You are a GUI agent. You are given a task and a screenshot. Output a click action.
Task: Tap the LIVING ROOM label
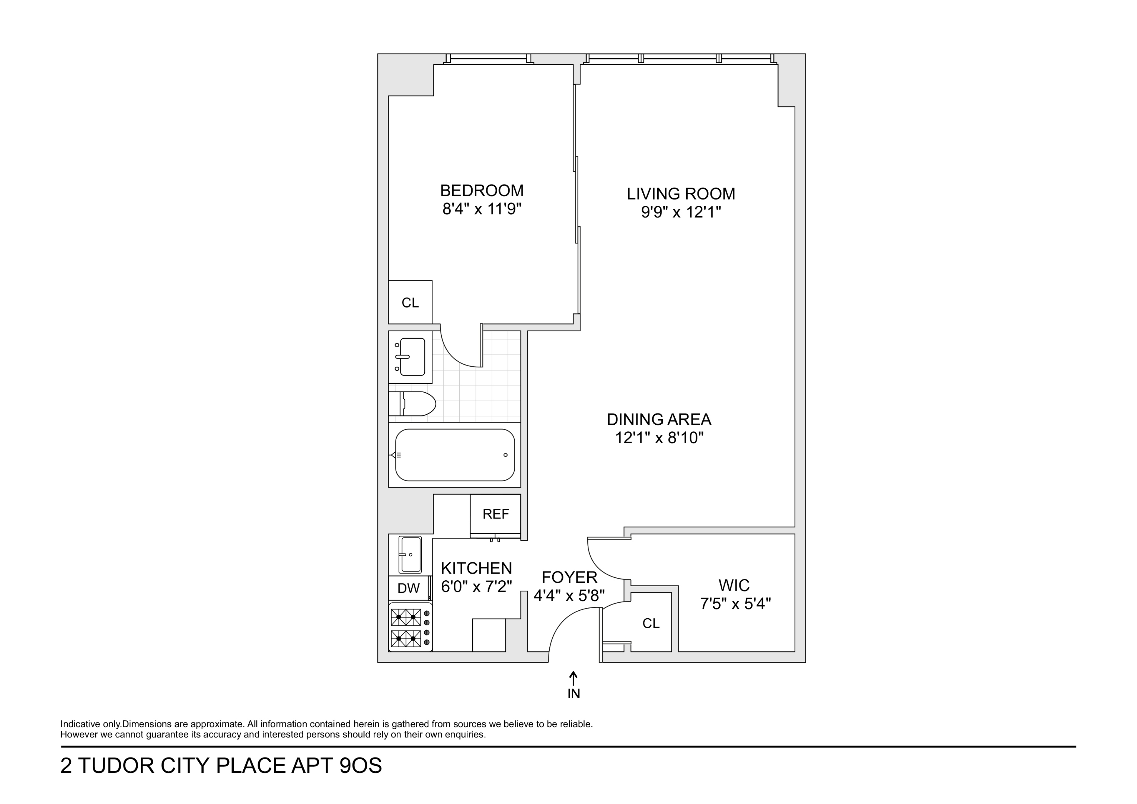(681, 194)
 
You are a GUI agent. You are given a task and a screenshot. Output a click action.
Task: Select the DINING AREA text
(659, 419)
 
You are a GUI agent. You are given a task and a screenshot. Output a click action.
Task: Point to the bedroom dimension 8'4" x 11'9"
(482, 210)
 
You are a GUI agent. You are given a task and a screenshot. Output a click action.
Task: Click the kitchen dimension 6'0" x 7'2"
(476, 587)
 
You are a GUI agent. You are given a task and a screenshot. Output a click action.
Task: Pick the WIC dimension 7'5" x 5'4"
(735, 604)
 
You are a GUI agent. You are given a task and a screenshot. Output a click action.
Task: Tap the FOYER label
(569, 577)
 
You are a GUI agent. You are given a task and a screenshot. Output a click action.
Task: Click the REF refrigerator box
(495, 514)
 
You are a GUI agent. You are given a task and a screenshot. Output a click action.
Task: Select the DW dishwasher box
(409, 588)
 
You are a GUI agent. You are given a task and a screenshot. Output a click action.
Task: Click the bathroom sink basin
(412, 357)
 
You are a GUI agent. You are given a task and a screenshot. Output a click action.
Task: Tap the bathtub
(454, 455)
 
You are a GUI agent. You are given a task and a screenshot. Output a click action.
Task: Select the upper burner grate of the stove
(406, 617)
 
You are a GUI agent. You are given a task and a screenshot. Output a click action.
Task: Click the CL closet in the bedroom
(410, 302)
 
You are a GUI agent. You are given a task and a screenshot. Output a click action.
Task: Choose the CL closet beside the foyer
(651, 623)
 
